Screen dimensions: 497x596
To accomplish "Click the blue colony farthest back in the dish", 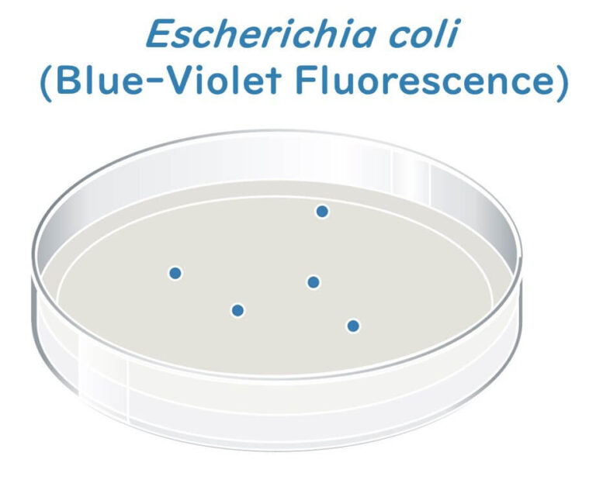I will click(x=322, y=211).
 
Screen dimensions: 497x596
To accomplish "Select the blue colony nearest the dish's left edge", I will click(x=175, y=273).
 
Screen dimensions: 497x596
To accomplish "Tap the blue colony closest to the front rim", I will click(x=353, y=326).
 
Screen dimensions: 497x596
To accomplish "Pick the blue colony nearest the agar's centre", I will click(x=314, y=282).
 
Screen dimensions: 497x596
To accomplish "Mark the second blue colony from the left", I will click(x=237, y=310).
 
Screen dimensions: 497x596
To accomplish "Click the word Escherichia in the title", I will click(x=248, y=35).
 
